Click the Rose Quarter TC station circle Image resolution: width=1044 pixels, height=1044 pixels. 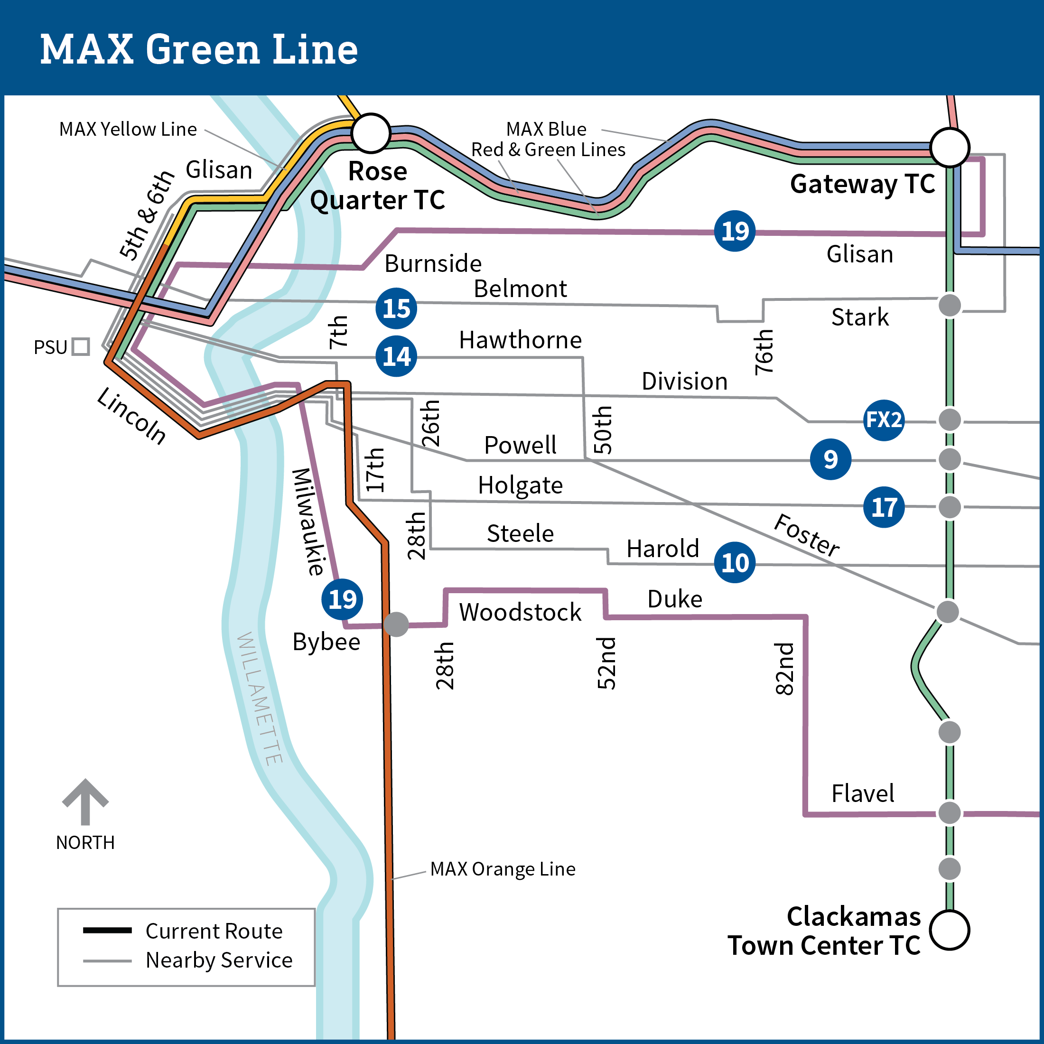coord(371,133)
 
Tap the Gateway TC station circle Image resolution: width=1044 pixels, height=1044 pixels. coord(950,148)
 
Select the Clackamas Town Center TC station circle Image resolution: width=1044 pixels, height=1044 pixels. coord(950,930)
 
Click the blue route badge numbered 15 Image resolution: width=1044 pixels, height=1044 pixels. coord(396,308)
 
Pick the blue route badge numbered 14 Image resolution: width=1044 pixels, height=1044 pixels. coord(396,356)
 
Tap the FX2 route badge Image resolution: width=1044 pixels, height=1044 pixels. coord(884,420)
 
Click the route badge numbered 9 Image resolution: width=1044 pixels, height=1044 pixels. coord(830,459)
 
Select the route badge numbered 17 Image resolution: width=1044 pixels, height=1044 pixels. coord(884,507)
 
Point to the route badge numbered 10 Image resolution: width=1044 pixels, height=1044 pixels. coord(735,562)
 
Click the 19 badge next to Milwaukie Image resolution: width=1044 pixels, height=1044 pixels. coord(342,599)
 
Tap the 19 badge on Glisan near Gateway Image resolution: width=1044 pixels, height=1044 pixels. coord(735,231)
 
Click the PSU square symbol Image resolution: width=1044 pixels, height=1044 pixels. coord(81,346)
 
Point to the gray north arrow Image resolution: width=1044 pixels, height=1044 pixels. coord(85,802)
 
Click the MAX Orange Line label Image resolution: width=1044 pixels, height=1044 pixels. coord(503,869)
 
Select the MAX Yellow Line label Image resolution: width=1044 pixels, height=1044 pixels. coord(128,130)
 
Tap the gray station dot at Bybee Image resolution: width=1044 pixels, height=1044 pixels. coord(396,625)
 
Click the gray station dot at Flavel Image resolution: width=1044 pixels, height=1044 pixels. coord(950,813)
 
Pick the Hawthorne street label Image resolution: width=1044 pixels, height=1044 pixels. coord(520,340)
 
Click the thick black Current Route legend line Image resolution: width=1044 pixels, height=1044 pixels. coord(107,931)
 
